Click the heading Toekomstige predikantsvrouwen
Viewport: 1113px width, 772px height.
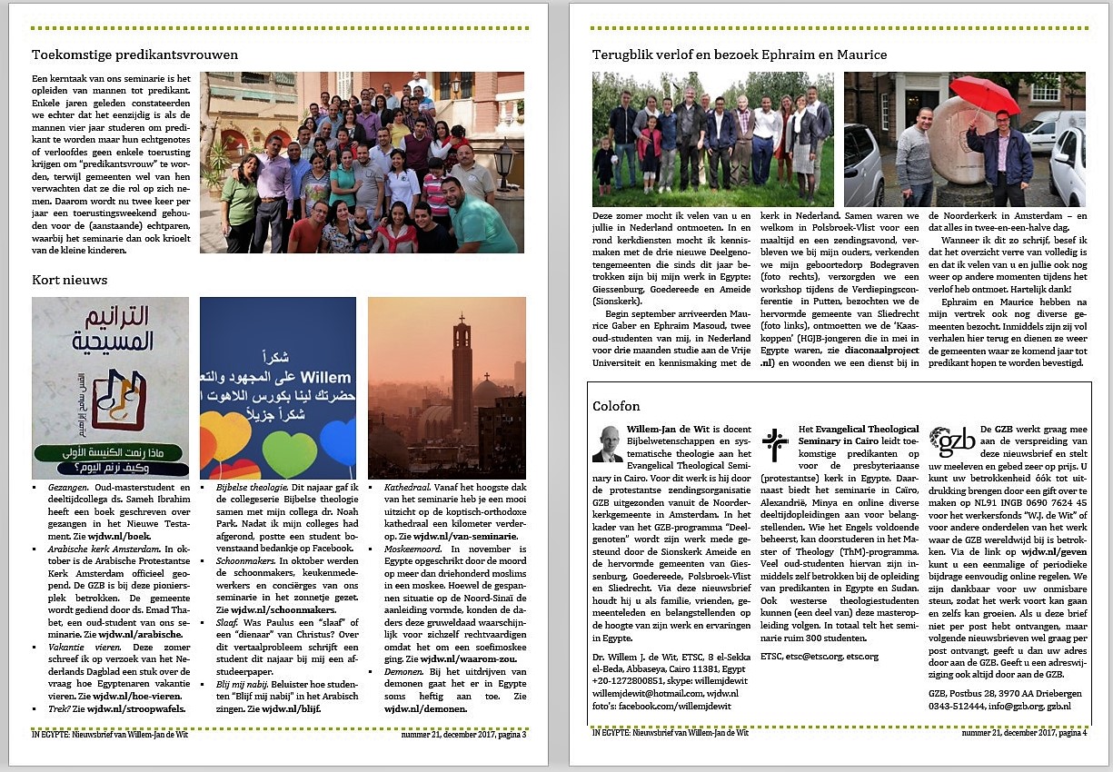pos(134,54)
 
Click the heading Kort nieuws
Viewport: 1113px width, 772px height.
pos(69,280)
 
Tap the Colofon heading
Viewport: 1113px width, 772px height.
pos(616,406)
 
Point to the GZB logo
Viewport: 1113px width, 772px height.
pos(951,442)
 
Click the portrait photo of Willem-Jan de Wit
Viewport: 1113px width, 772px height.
pos(607,443)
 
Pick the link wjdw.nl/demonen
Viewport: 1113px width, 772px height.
pos(425,708)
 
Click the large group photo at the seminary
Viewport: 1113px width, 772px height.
pos(362,162)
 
